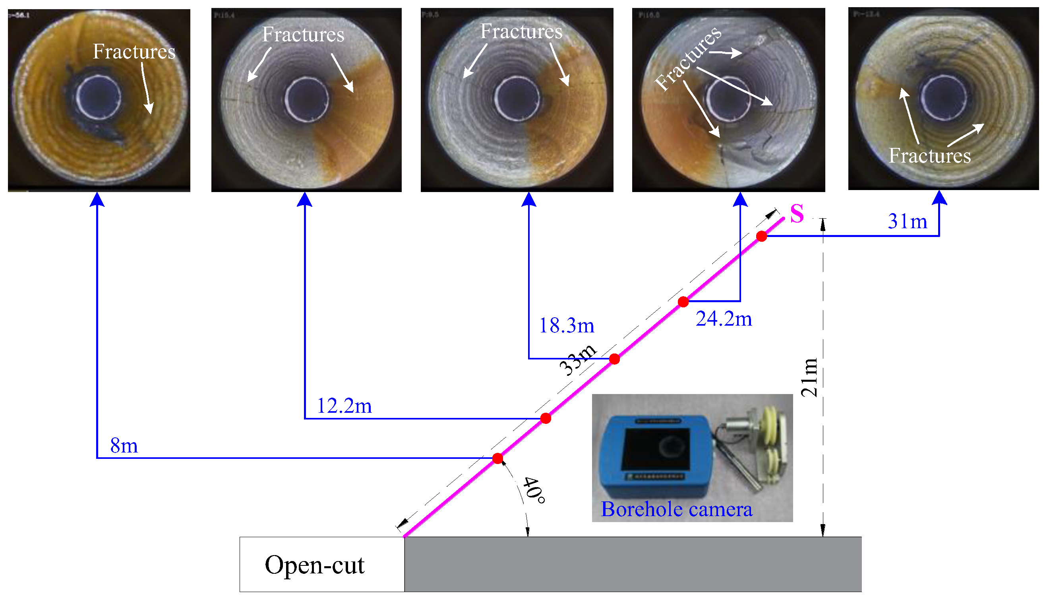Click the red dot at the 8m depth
click(x=497, y=458)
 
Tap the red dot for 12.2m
click(x=546, y=418)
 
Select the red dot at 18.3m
click(x=614, y=359)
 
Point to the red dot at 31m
click(x=761, y=236)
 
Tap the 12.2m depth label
click(x=344, y=406)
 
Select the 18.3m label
click(x=566, y=326)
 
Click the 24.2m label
click(x=724, y=319)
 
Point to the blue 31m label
click(x=907, y=221)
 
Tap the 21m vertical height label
click(x=809, y=377)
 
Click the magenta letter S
click(x=797, y=214)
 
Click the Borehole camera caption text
click(x=676, y=509)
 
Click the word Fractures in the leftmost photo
click(x=134, y=52)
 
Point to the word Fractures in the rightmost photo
click(x=930, y=156)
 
